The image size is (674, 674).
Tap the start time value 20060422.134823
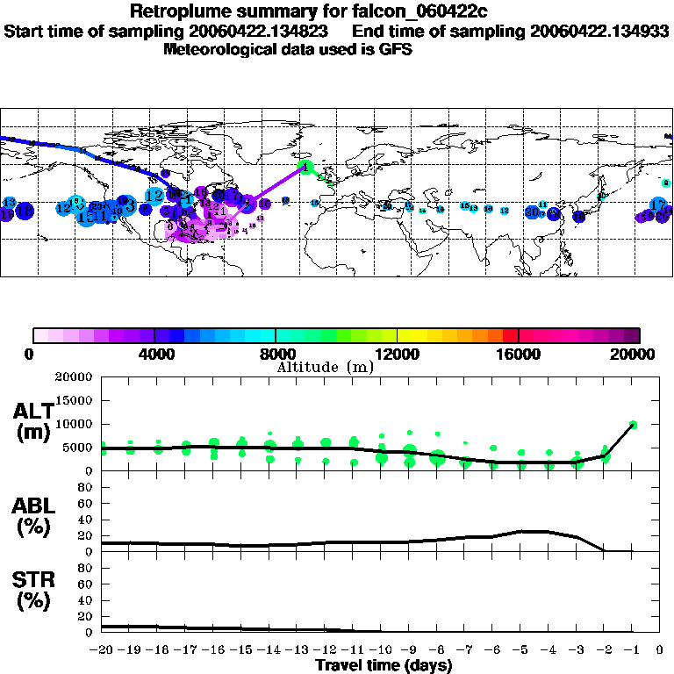pyautogui.click(x=261, y=31)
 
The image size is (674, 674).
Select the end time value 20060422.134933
pyautogui.click(x=599, y=31)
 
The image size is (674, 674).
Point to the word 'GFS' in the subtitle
pyautogui.click(x=396, y=49)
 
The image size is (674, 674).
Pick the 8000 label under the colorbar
pyautogui.click(x=276, y=354)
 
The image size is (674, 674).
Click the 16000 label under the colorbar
pyautogui.click(x=519, y=354)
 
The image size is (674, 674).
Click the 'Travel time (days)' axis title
pyautogui.click(x=384, y=665)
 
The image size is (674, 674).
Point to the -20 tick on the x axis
pyautogui.click(x=102, y=650)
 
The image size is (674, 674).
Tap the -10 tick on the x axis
pyautogui.click(x=382, y=650)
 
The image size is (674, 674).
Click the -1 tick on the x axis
pyautogui.click(x=633, y=650)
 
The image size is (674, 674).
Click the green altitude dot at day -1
pyautogui.click(x=633, y=425)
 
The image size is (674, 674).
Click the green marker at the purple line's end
pyautogui.click(x=306, y=165)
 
